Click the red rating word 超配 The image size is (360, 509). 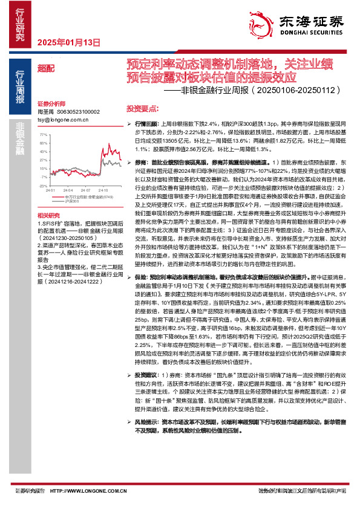(45, 69)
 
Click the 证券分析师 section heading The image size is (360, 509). (50, 104)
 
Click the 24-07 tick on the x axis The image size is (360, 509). (83, 189)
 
